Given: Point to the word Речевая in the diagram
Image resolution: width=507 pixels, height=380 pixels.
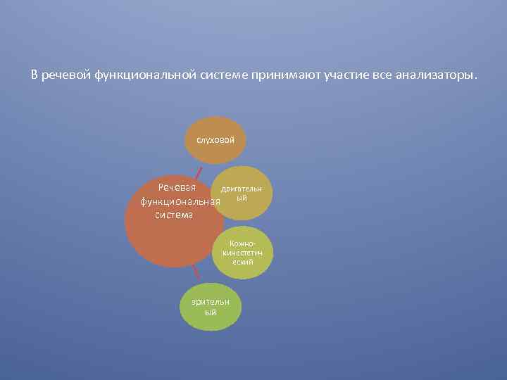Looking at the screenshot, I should pyautogui.click(x=177, y=188).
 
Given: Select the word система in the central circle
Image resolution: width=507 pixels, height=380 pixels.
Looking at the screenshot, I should pyautogui.click(x=173, y=215).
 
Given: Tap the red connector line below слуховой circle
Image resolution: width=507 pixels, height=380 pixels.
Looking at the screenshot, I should pyautogui.click(x=199, y=172).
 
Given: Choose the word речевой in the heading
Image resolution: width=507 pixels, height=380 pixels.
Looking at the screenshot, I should pyautogui.click(x=66, y=75).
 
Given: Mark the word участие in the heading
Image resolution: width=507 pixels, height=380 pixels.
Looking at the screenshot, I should pyautogui.click(x=346, y=75).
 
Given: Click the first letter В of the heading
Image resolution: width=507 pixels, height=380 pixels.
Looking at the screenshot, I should pyautogui.click(x=35, y=75).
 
